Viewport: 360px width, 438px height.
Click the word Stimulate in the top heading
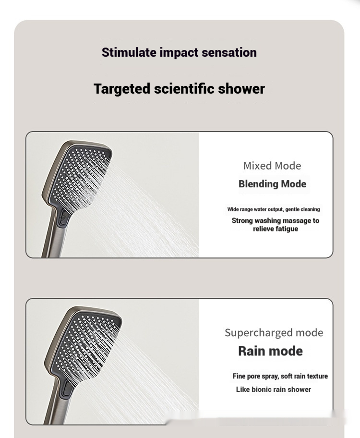coord(129,52)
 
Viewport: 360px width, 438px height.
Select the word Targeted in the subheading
coord(122,89)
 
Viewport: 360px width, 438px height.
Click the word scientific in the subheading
coord(184,88)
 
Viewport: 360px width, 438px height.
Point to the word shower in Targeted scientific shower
coord(241,89)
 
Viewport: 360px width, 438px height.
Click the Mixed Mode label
coord(272,166)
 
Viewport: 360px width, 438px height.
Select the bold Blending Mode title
coord(272,184)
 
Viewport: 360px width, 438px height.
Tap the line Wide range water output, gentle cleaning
coord(274,209)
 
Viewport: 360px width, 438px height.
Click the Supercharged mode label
coord(274,332)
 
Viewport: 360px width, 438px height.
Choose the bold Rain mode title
coord(270,351)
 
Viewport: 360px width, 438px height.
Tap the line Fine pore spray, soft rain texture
coord(280,376)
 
